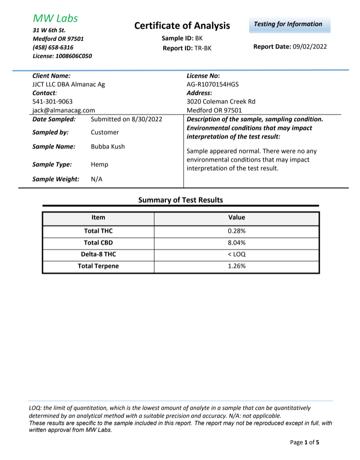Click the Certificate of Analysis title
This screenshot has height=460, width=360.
(x=182, y=26)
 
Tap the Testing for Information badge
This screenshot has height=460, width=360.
(x=288, y=24)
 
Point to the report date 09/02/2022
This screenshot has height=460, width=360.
(x=310, y=47)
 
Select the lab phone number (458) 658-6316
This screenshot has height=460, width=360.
(x=53, y=47)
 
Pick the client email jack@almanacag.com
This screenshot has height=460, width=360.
(x=64, y=110)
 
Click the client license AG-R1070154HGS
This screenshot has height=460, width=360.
(x=213, y=84)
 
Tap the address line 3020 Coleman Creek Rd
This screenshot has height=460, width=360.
(x=221, y=101)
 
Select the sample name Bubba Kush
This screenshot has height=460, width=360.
(x=108, y=146)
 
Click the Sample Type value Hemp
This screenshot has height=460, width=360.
(x=99, y=165)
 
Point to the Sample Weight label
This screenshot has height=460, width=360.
(x=56, y=179)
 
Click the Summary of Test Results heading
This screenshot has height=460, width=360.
(x=180, y=200)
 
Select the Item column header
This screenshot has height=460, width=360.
(x=98, y=217)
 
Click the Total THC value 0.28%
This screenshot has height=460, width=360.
(x=237, y=231)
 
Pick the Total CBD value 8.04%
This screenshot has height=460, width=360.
(x=237, y=243)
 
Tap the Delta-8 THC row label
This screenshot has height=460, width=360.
(x=98, y=254)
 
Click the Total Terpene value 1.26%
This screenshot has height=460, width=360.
(x=237, y=266)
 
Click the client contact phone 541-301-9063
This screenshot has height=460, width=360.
(x=52, y=101)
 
